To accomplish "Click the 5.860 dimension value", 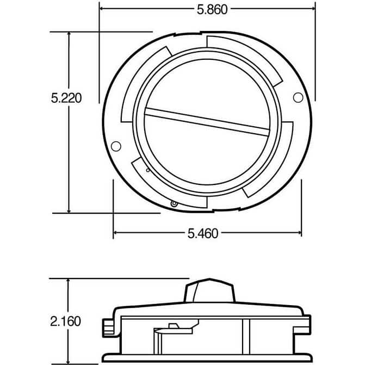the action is point(212,10).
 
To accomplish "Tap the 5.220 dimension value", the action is point(66,98).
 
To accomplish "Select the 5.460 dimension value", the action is point(203,233).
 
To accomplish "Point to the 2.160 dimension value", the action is point(66,321).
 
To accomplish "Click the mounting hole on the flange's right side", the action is point(298,97).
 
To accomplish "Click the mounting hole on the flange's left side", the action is point(116,146).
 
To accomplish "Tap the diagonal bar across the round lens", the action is point(207,122).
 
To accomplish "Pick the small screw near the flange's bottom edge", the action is point(174,204).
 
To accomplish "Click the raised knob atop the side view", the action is point(209,290).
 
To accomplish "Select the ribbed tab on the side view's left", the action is point(108,328).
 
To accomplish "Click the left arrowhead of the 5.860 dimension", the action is point(102,9).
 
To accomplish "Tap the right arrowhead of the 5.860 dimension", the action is point(313,9).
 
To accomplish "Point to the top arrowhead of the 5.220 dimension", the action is point(69,34).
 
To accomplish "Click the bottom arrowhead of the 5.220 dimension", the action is point(69,211).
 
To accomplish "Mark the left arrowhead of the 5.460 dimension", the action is point(115,232).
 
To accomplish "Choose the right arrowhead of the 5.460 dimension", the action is point(299,232).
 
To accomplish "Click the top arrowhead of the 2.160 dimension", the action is point(68,281).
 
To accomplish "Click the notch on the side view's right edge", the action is point(302,331).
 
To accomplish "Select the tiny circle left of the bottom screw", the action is point(148,170).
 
